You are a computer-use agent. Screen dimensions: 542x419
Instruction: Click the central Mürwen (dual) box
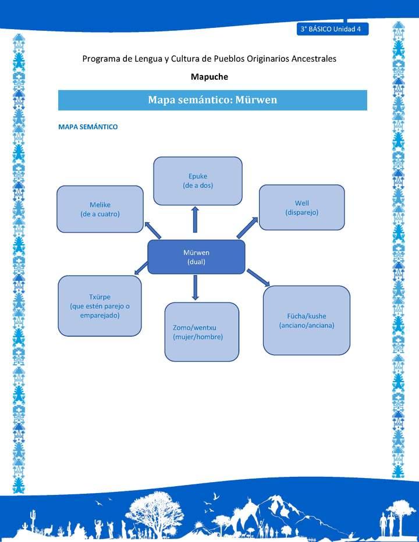[196, 257]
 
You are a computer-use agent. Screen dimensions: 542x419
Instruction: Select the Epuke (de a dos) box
[197, 181]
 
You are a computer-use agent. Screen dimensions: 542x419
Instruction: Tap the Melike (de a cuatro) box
[100, 209]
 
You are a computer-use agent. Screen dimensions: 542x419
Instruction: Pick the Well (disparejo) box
[301, 208]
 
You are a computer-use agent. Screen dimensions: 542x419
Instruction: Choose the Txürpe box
[100, 306]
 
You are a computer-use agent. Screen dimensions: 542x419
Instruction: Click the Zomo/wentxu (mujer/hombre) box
[201, 332]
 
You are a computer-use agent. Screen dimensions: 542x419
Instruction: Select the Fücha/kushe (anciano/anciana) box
[306, 320]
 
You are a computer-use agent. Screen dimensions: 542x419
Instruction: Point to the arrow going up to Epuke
[196, 219]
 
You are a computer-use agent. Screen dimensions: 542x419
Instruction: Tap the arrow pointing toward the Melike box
[153, 229]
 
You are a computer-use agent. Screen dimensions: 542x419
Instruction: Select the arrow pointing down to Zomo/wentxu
[195, 287]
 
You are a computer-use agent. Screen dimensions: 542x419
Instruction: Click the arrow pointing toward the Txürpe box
[141, 269]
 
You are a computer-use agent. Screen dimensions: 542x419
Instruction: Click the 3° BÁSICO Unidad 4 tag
[332, 29]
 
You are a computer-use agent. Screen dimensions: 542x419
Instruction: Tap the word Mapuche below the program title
[210, 76]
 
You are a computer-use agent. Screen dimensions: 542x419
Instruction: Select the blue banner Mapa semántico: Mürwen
[212, 100]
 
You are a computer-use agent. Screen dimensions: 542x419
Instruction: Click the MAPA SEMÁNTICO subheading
[88, 127]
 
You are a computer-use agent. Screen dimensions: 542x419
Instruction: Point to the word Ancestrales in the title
[309, 59]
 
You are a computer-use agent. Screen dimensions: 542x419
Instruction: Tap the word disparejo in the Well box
[301, 212]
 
